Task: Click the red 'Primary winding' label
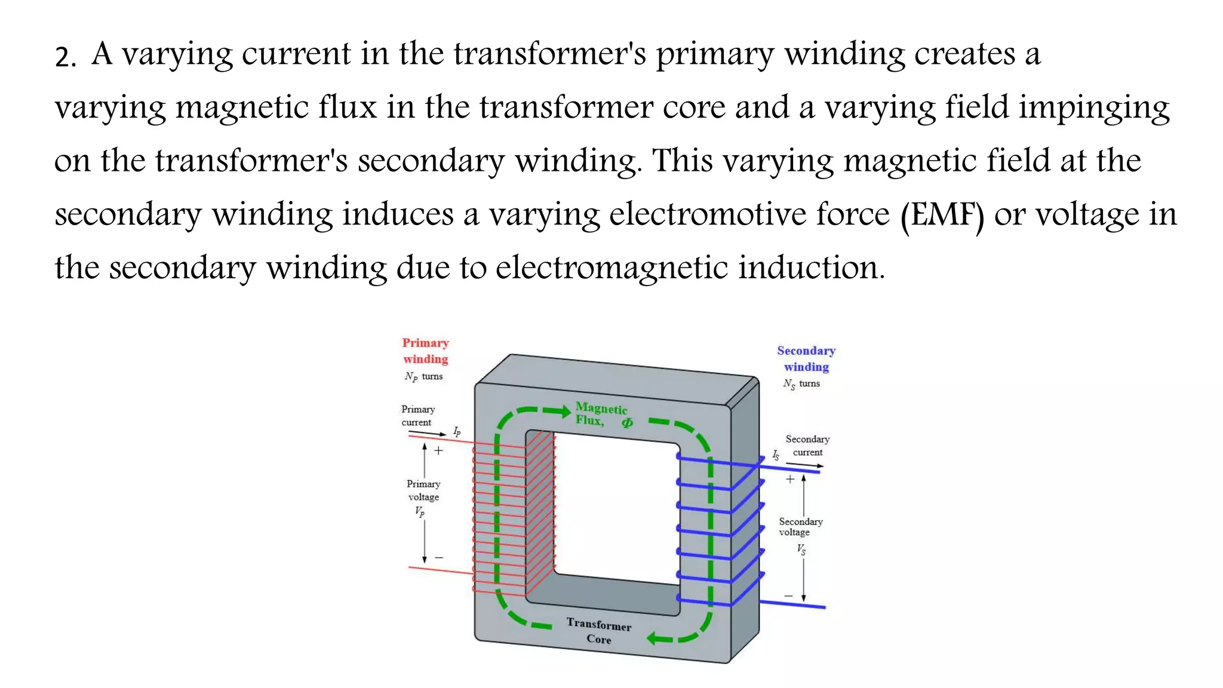coord(425,351)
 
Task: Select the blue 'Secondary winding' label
coord(806,358)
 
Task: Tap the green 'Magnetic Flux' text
coord(601,414)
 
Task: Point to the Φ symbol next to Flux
coord(627,423)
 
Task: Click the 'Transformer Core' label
coord(598,631)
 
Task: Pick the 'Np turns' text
coord(423,376)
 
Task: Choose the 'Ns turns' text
coord(801,384)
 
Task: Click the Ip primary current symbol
coord(457,431)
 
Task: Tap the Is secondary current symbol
coord(776,455)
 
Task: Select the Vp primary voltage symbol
coord(420,511)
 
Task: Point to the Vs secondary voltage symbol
coord(801,549)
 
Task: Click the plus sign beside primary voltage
coord(438,451)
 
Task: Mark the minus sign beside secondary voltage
coord(788,596)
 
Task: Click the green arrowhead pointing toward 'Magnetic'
coord(564,411)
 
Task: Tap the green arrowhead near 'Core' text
coord(654,639)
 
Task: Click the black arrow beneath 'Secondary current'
coord(804,464)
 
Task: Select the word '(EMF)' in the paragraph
coord(942,215)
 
